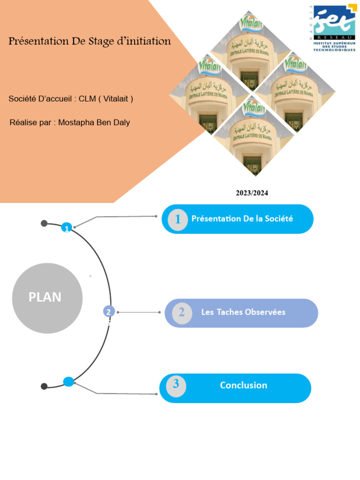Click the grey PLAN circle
(x=47, y=298)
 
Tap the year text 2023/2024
(x=252, y=193)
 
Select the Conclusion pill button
(x=235, y=388)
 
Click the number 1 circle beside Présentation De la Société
(x=178, y=219)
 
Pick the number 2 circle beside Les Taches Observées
(x=181, y=313)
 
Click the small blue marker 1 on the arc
(x=67, y=228)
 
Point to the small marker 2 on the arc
(x=109, y=312)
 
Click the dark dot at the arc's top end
(x=44, y=223)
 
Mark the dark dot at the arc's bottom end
(x=44, y=386)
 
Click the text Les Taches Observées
(x=243, y=312)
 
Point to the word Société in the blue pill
(x=278, y=218)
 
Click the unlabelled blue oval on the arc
(x=68, y=382)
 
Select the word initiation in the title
(x=145, y=41)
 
